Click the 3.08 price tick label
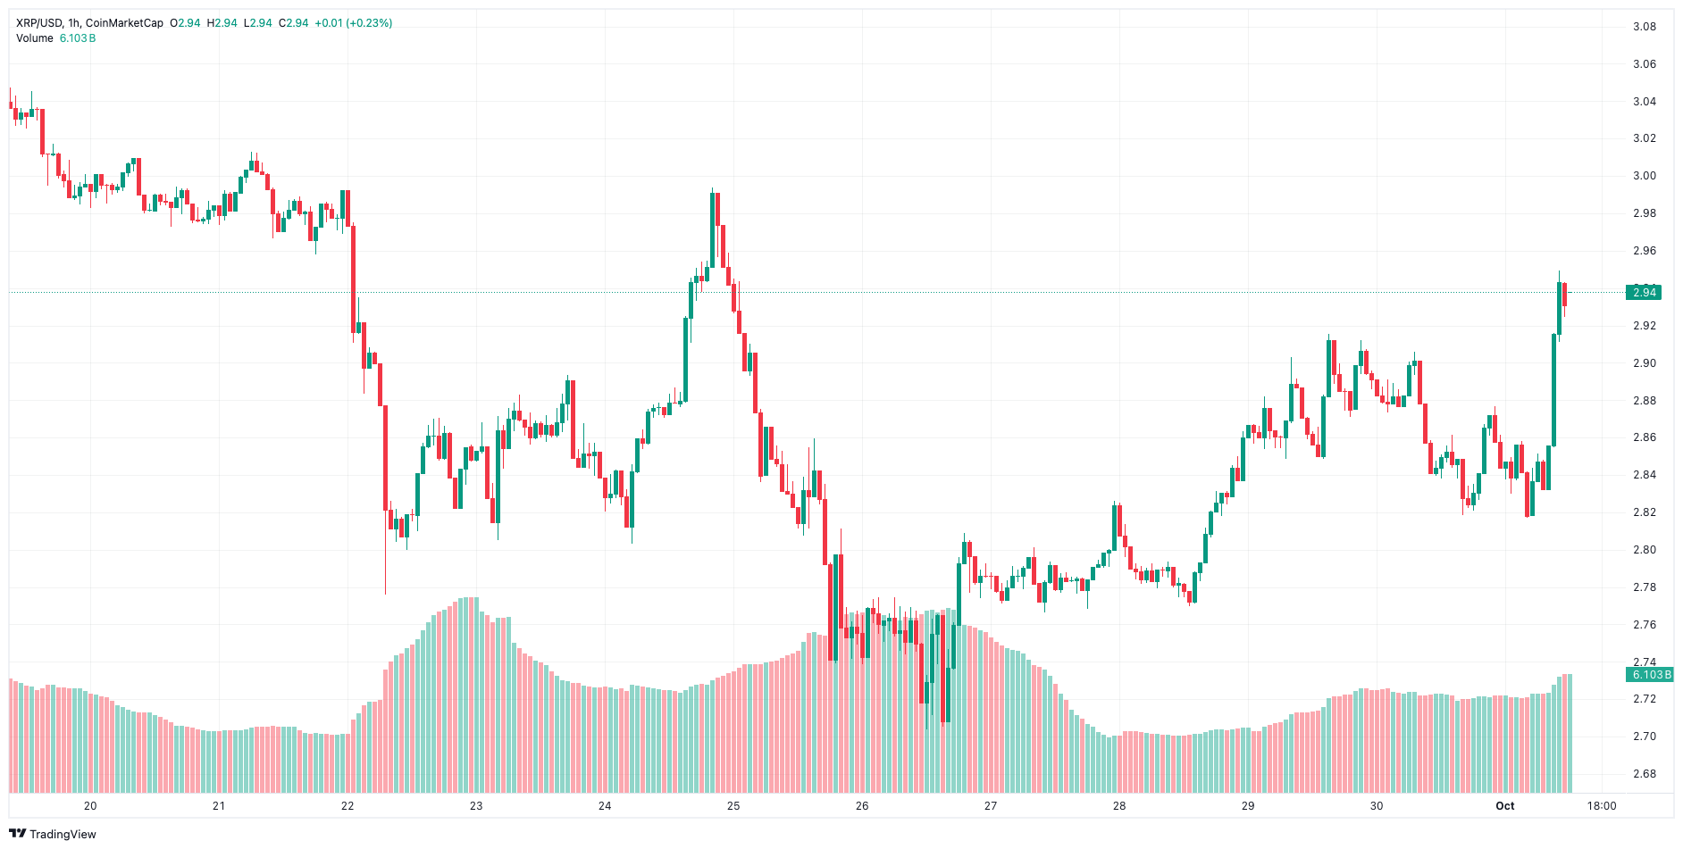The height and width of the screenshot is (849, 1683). pos(1644,27)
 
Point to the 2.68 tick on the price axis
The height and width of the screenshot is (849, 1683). pos(1644,774)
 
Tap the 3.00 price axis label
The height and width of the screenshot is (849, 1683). pos(1644,176)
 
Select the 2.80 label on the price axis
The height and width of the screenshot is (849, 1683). pos(1644,550)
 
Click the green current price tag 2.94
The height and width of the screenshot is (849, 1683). pos(1644,292)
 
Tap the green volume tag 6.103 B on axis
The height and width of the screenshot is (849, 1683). pos(1649,675)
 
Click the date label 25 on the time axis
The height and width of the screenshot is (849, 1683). pos(733,806)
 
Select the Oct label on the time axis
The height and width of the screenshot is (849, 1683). pos(1505,806)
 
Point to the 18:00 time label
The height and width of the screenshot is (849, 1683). pos(1601,806)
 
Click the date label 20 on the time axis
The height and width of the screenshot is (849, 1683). pos(90,806)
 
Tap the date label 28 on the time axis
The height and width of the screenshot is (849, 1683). pos(1119,806)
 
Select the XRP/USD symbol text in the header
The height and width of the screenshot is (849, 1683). pos(38,23)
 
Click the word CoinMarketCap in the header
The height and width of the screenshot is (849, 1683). pos(124,23)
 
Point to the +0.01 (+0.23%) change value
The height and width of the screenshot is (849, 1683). pos(353,23)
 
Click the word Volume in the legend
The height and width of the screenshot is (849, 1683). pos(35,38)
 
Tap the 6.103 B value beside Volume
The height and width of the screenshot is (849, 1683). pos(78,38)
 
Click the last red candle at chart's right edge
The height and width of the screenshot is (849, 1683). pos(1565,295)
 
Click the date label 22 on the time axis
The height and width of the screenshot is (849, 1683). pos(347,806)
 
